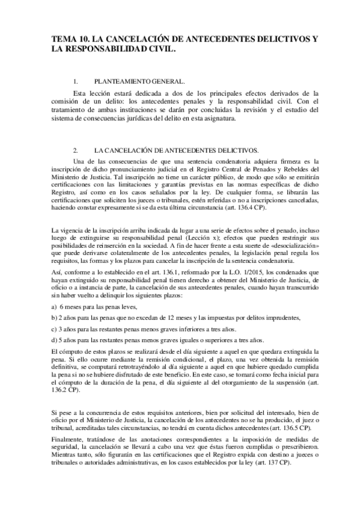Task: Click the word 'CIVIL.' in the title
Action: [x=160, y=50]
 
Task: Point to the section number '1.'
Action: [x=75, y=81]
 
